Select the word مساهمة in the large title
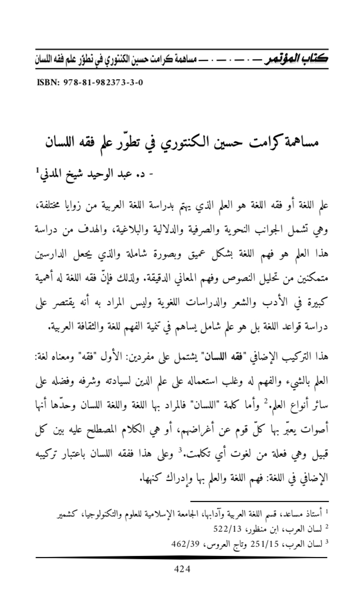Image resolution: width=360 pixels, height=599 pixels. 297,143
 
